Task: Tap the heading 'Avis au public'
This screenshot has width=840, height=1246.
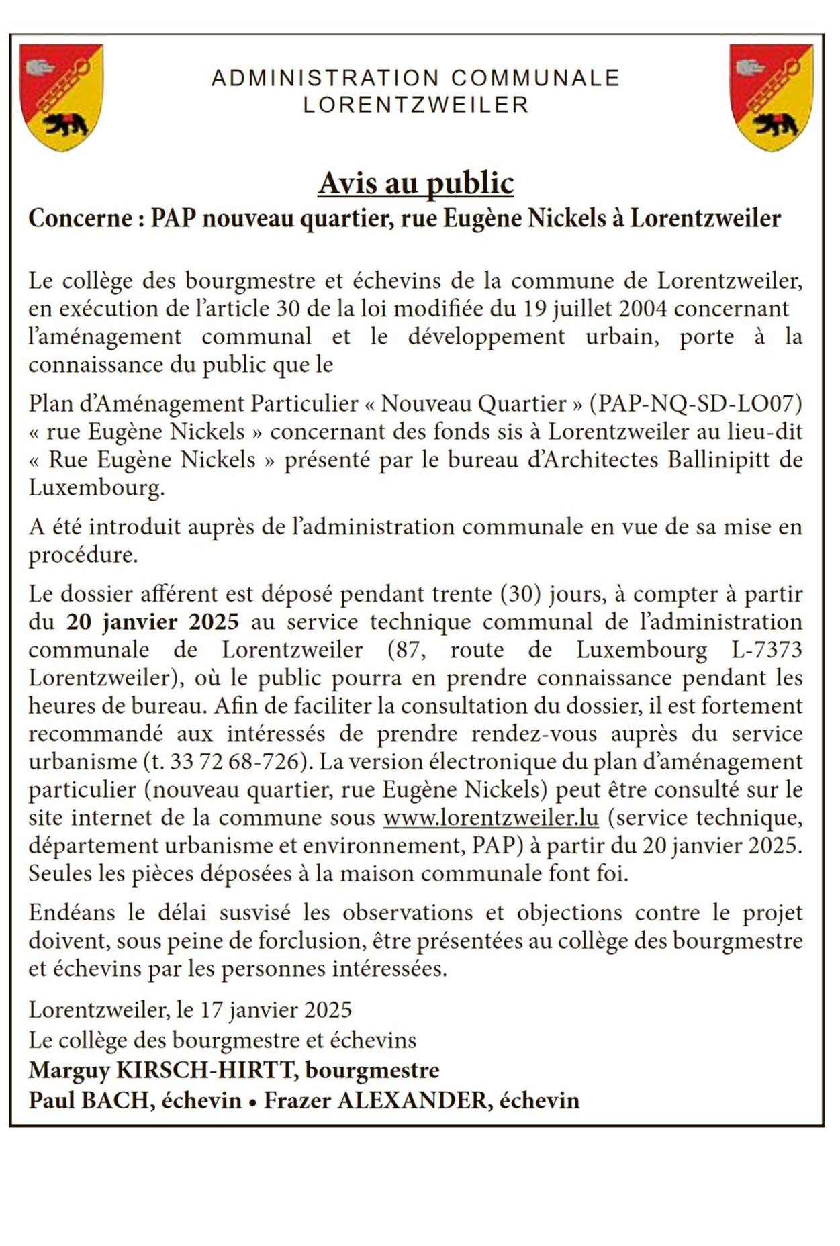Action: (416, 183)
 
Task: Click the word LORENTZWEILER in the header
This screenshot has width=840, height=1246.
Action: (416, 105)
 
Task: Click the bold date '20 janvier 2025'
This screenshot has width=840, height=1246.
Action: (152, 622)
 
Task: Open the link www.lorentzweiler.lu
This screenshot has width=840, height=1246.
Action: (491, 818)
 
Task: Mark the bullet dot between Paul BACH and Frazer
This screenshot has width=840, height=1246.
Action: (252, 1102)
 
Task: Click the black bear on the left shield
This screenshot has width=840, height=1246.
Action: (64, 124)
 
